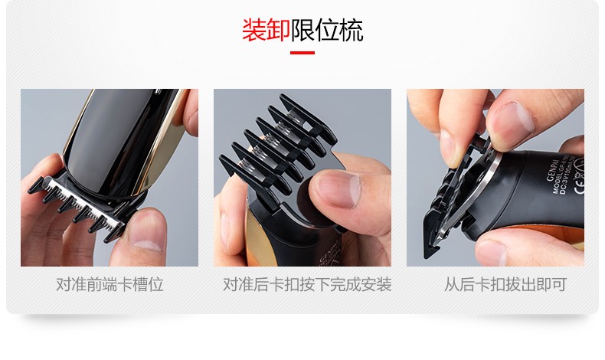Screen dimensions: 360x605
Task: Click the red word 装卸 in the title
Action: (x=265, y=30)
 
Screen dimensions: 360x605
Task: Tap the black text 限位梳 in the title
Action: (x=327, y=30)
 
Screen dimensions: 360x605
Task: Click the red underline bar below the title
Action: (x=302, y=53)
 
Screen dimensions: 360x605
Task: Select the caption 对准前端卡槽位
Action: (x=110, y=285)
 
